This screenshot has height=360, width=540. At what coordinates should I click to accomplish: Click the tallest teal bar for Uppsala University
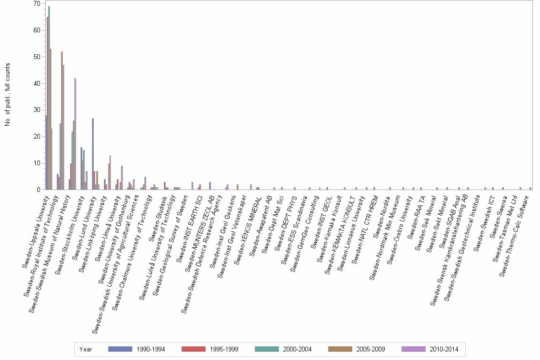pos(49,98)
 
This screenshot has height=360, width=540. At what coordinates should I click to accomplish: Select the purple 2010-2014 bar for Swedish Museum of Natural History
pos(75,134)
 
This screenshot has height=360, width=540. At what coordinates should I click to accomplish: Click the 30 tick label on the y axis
pos(37,110)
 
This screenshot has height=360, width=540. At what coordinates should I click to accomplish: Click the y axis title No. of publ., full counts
pos(8,95)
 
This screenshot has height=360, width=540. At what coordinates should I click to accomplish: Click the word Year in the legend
pos(86,349)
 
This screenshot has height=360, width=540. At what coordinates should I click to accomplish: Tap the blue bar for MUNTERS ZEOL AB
pos(210,186)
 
